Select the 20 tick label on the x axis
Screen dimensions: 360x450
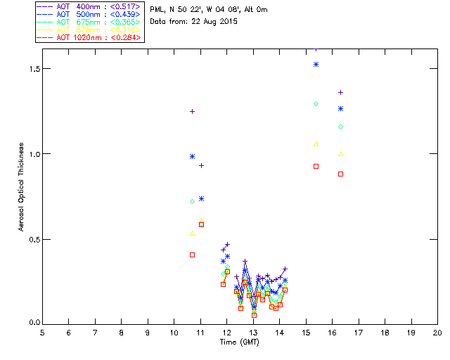[437, 332]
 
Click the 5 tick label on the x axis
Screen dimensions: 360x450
[42, 332]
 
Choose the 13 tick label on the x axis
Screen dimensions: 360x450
[253, 332]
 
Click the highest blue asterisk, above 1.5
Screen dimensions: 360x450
[316, 64]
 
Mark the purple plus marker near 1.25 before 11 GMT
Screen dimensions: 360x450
[192, 111]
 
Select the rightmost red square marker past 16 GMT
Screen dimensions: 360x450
[340, 174]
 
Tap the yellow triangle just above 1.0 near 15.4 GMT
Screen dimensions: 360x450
[316, 143]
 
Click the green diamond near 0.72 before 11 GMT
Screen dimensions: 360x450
[192, 201]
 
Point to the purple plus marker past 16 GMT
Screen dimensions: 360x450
[340, 92]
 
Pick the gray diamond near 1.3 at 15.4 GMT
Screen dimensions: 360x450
[316, 103]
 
